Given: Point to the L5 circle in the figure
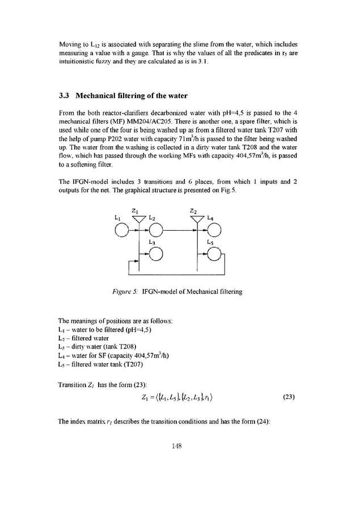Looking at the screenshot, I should click(x=215, y=253).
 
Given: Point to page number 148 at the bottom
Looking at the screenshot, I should click(x=180, y=446).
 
